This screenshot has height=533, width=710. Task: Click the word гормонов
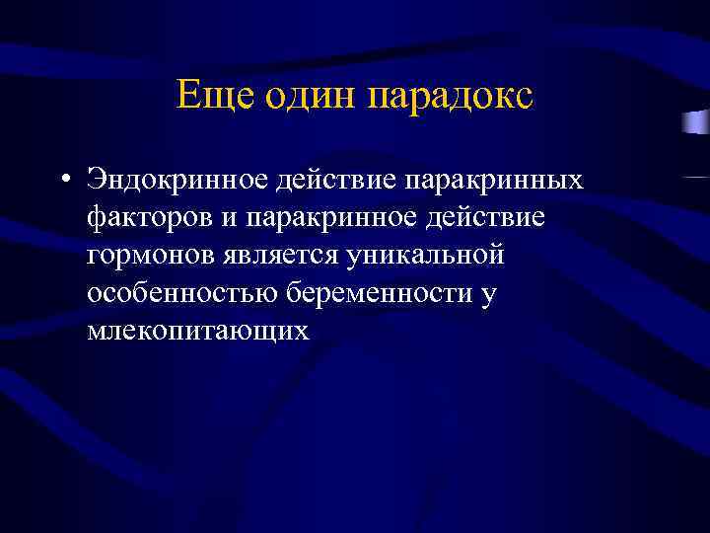pos(146,256)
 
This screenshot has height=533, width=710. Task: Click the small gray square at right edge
pos(696,124)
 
